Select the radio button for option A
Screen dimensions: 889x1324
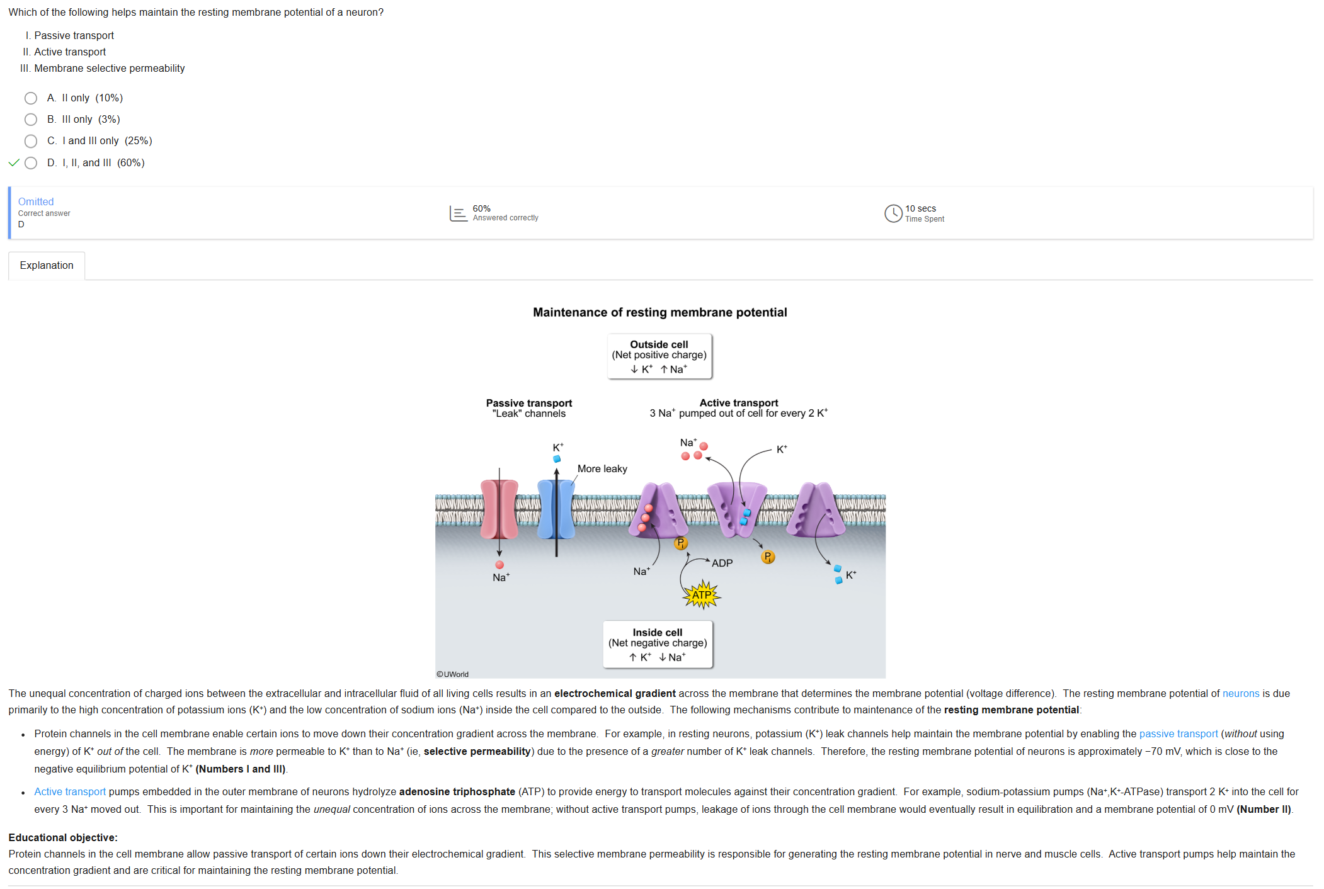pos(31,98)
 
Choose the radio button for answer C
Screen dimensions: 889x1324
pos(31,141)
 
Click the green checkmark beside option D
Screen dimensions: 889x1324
pos(14,163)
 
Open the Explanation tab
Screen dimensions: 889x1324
pos(47,266)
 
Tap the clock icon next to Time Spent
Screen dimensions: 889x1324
pos(893,213)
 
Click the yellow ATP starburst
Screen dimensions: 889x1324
pos(702,594)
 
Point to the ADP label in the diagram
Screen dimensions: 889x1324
pos(722,563)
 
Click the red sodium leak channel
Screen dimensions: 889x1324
pos(499,509)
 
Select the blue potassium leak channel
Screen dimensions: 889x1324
pos(556,509)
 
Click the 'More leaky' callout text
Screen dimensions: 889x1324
pos(602,469)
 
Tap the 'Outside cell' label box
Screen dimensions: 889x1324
pos(659,356)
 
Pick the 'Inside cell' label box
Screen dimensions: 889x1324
pos(658,644)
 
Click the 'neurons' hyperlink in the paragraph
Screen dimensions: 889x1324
pos(1241,693)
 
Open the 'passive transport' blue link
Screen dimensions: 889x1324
pos(1178,733)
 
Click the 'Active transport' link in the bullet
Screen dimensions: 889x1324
pos(70,791)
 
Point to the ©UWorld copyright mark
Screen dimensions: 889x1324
pos(453,674)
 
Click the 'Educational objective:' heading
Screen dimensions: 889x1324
pos(63,837)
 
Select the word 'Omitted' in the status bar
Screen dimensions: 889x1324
pos(36,201)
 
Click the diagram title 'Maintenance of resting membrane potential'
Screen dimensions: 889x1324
pos(659,312)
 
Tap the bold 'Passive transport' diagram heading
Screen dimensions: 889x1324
pos(529,403)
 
